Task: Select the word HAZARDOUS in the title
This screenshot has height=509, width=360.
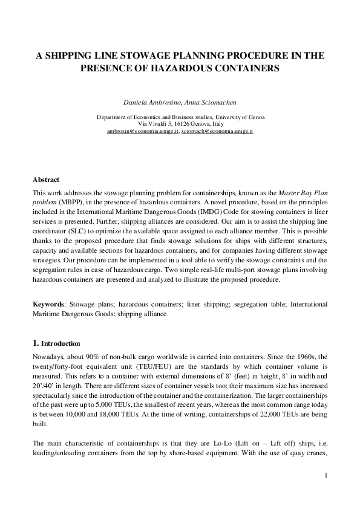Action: click(195, 68)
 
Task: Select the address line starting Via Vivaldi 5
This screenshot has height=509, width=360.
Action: click(180, 123)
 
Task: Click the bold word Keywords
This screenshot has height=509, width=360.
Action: click(49, 303)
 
